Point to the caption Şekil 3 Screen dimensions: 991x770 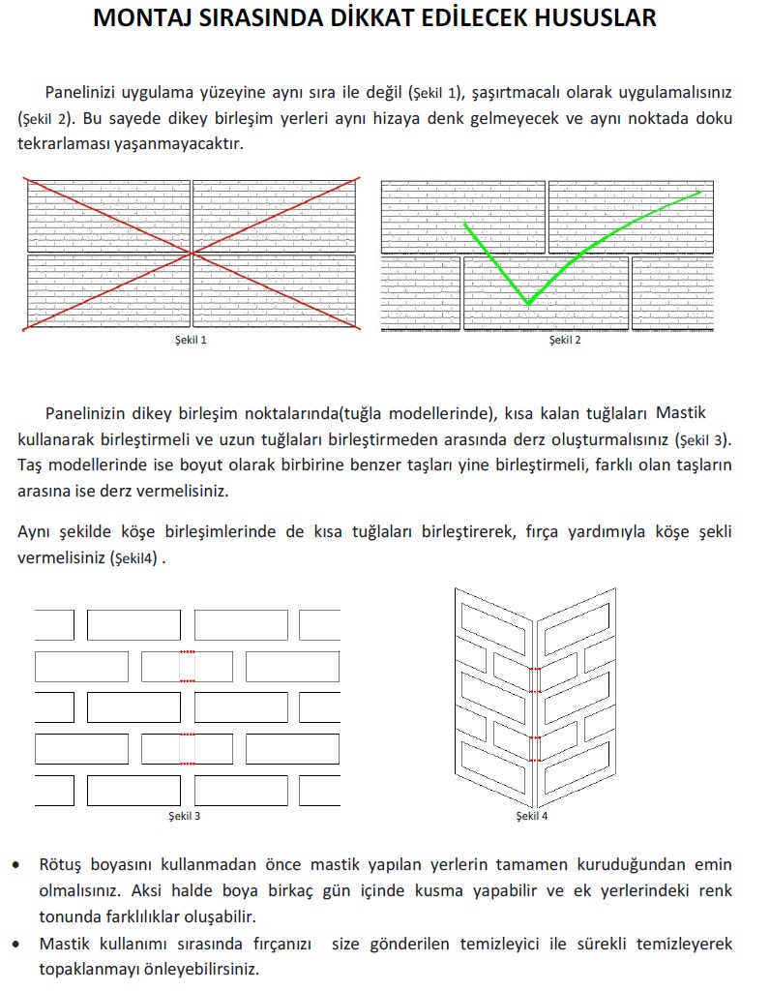184,817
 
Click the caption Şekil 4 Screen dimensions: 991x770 532,817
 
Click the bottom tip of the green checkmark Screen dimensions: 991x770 528,304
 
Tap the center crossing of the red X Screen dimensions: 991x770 194,254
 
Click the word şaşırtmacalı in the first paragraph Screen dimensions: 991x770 521,94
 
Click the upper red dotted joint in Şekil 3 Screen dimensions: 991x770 188,667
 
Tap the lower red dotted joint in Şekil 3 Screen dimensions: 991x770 188,748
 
